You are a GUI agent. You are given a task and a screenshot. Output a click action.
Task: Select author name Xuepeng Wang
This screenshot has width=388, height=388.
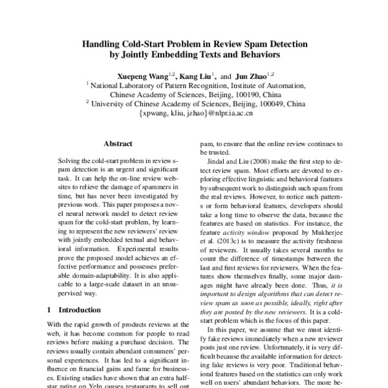[140, 76]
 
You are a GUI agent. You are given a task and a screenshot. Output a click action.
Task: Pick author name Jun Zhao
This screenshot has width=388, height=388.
[250, 76]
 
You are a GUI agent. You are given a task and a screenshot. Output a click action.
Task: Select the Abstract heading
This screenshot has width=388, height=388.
[118, 144]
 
